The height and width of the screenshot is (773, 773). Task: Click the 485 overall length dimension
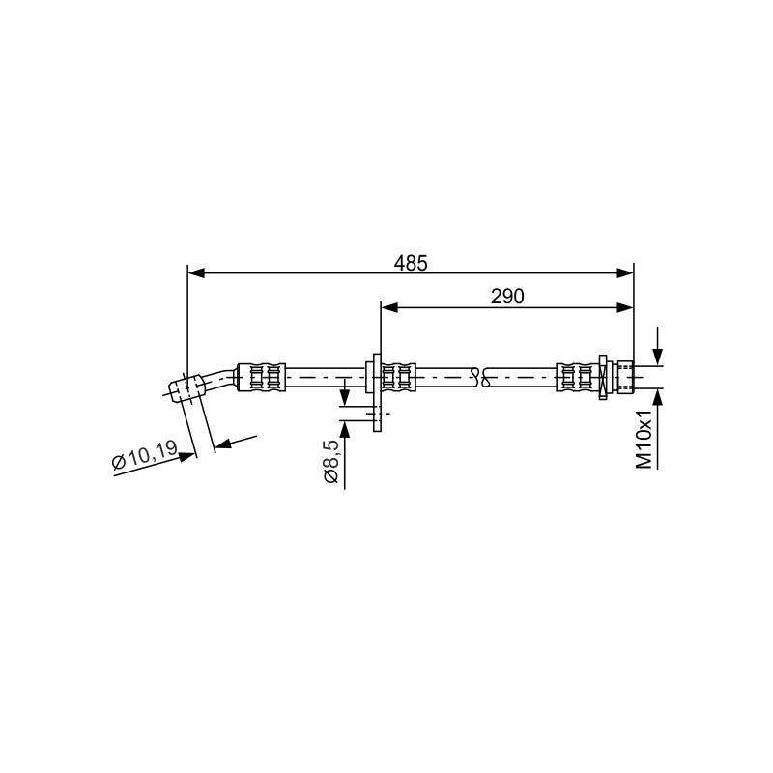pos(411,263)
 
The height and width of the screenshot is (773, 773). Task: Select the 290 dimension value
pos(507,297)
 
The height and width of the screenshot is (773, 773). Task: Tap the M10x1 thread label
pos(644,441)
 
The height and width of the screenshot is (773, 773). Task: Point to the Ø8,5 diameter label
pos(330,462)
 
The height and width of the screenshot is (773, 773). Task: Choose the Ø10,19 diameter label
pos(144,456)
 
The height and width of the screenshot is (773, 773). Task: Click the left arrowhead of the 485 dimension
pos(196,273)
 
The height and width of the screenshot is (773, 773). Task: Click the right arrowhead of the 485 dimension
pos(625,273)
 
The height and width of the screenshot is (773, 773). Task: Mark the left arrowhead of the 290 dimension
pos(389,308)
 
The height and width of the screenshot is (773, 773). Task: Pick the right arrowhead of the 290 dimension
pos(625,308)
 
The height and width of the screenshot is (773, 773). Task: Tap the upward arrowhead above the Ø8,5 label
pos(345,429)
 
